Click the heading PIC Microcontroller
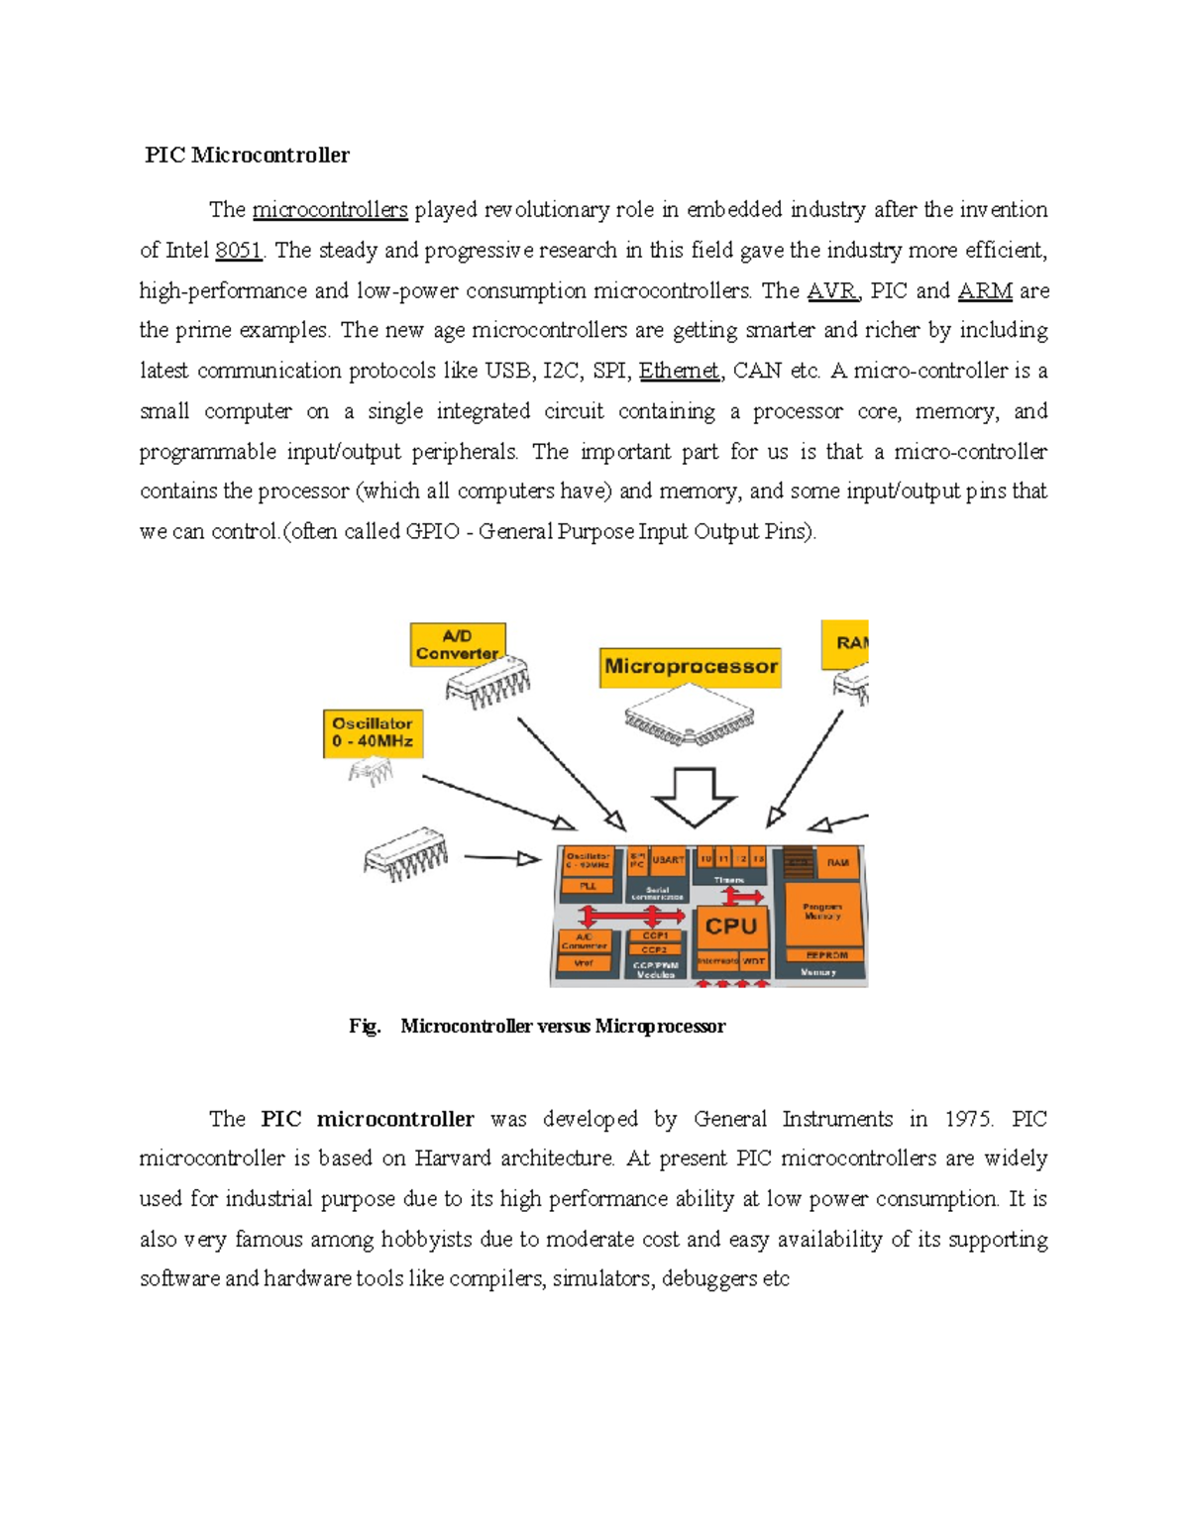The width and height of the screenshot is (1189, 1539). [247, 156]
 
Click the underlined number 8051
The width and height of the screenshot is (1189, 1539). [238, 251]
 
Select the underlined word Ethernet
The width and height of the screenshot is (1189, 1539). [679, 372]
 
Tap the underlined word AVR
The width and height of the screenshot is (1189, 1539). [830, 291]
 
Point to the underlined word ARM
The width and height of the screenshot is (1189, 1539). [985, 291]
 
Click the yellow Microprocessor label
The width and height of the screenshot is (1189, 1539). [691, 667]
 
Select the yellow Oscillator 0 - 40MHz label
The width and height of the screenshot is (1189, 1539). [373, 733]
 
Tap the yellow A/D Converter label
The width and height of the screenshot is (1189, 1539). [457, 645]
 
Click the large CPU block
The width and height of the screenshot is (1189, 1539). [731, 928]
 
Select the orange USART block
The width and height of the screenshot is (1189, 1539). [668, 860]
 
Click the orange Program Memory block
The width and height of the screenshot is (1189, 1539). [822, 911]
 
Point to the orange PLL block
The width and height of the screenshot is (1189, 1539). [588, 886]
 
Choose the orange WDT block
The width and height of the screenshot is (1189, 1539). [754, 961]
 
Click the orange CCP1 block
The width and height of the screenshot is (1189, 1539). [655, 935]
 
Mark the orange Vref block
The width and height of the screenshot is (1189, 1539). [585, 963]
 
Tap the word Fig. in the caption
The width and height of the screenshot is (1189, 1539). [365, 1027]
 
